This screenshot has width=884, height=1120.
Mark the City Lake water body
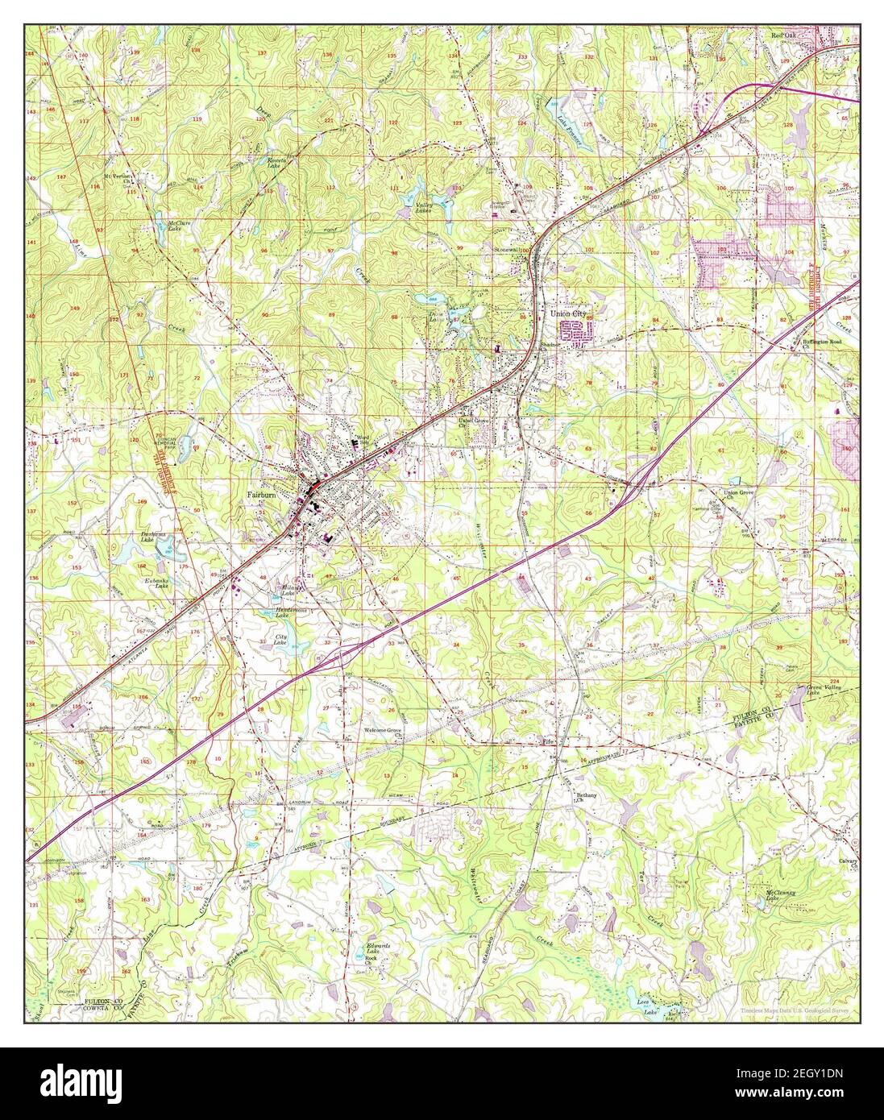[x=280, y=640]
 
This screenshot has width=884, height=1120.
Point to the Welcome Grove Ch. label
[x=383, y=733]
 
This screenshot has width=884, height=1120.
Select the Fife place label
[x=550, y=739]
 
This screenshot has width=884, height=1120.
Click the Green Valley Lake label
[x=824, y=690]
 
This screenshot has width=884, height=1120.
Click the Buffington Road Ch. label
[x=824, y=343]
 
